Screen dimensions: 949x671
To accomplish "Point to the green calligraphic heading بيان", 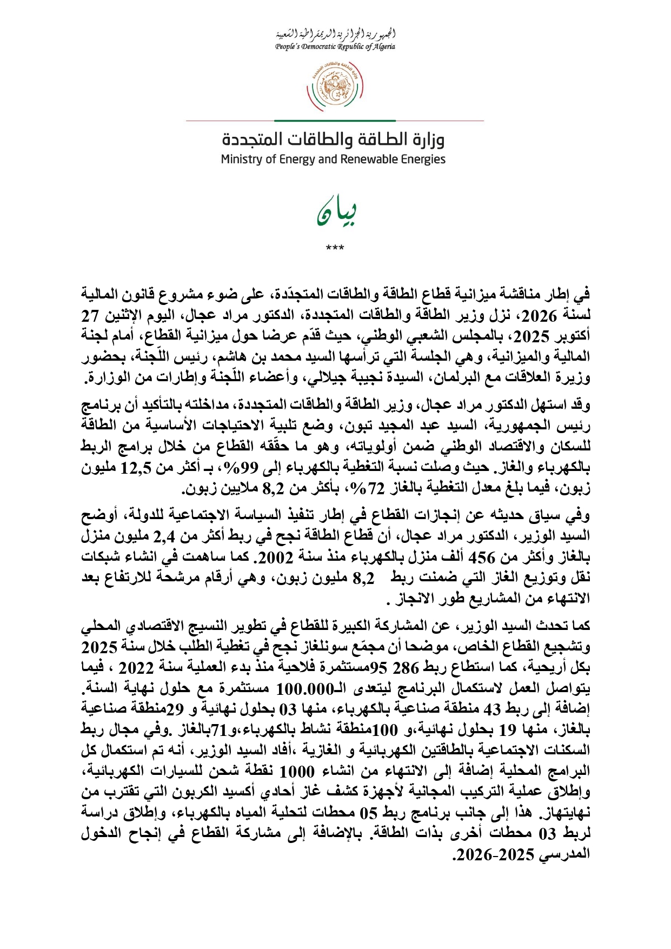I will pos(336,213).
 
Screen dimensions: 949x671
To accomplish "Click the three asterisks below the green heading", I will pos(335,248).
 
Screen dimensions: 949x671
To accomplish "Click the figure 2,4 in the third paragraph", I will pos(165,536).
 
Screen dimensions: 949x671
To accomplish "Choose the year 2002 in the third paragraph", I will pos(276,557).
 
